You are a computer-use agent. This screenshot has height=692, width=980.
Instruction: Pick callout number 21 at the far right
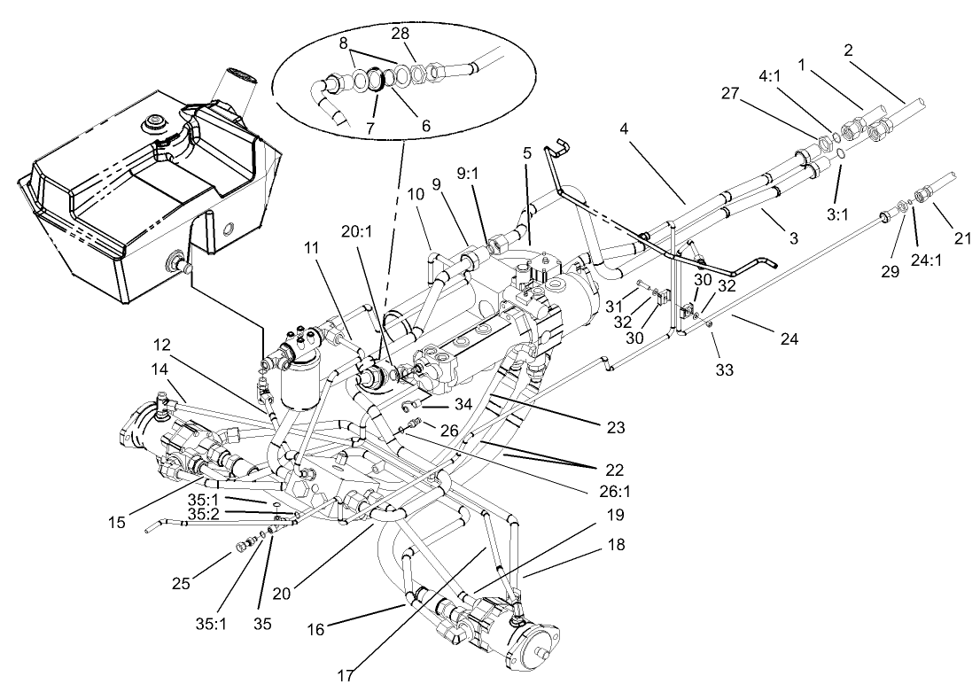point(963,237)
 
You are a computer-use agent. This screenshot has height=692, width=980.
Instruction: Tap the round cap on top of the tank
point(159,121)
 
